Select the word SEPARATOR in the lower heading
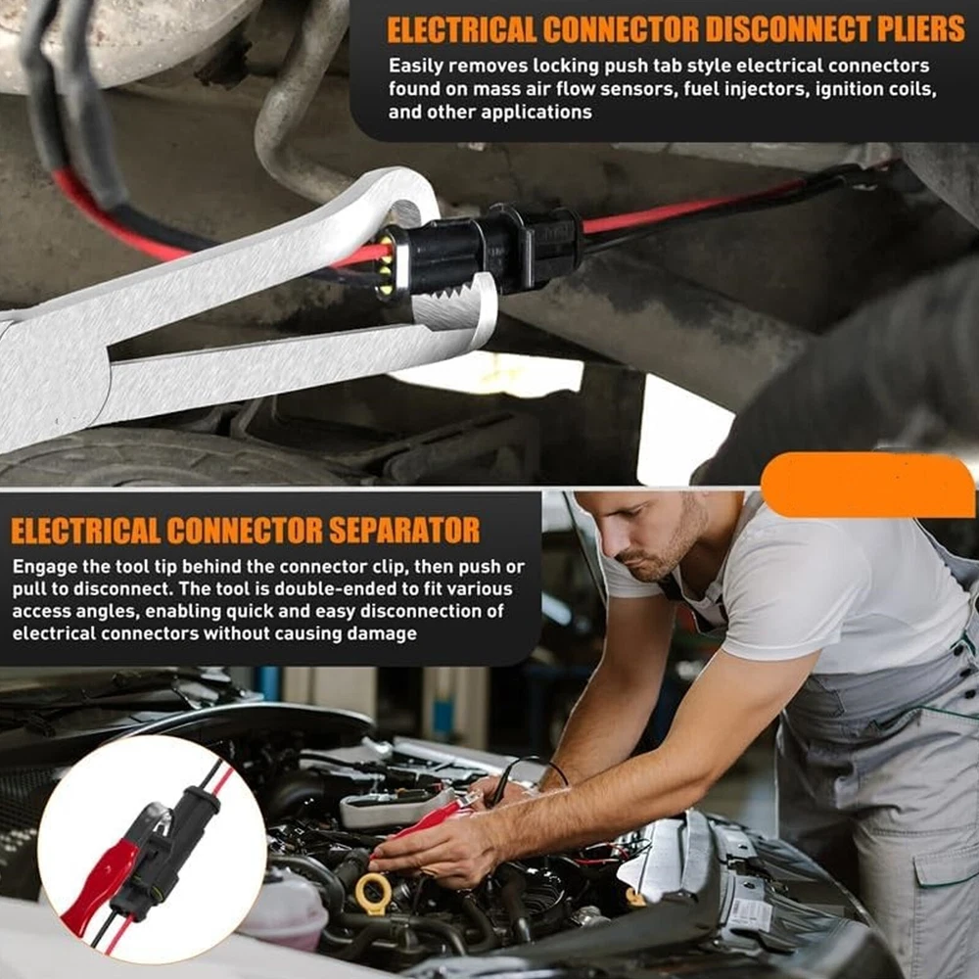(404, 531)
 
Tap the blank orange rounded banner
(867, 486)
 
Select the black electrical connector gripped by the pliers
(481, 250)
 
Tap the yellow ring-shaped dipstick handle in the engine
(373, 894)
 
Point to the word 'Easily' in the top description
(416, 67)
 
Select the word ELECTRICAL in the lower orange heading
(85, 531)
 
